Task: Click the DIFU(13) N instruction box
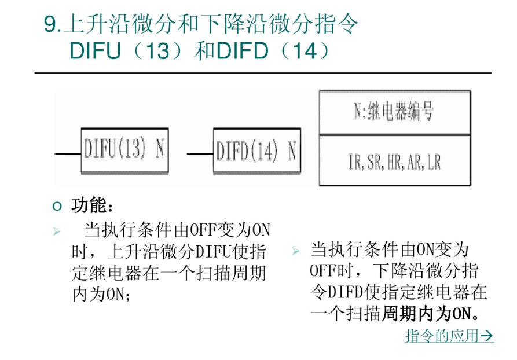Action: pyautogui.click(x=124, y=150)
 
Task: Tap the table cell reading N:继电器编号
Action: pyautogui.click(x=394, y=112)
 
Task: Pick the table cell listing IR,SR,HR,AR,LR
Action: pyautogui.click(x=394, y=161)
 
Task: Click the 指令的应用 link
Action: pyautogui.click(x=442, y=336)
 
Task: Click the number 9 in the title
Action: pyautogui.click(x=50, y=24)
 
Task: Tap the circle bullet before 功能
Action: pyautogui.click(x=56, y=206)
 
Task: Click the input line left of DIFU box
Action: pyautogui.click(x=68, y=154)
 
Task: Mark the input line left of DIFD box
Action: pyautogui.click(x=200, y=154)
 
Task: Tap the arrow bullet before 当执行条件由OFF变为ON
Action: pyautogui.click(x=57, y=232)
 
